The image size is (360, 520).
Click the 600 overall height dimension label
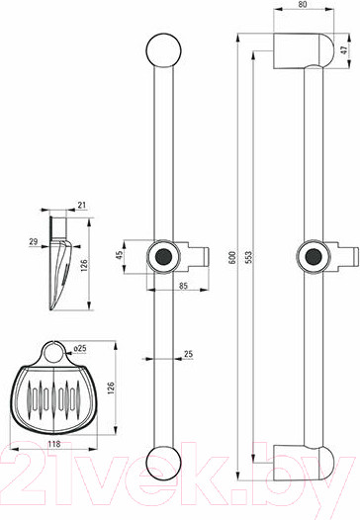(x=232, y=258)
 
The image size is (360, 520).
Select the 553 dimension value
(x=249, y=258)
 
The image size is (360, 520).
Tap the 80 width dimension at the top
(x=303, y=4)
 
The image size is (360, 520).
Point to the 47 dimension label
(x=344, y=50)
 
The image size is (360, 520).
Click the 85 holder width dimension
(x=183, y=285)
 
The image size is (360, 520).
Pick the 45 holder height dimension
(x=120, y=255)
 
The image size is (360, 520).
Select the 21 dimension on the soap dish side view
(x=81, y=206)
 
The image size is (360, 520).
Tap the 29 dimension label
(x=34, y=242)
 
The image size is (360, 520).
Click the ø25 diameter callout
(x=80, y=348)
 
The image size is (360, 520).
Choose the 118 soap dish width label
(x=54, y=444)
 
